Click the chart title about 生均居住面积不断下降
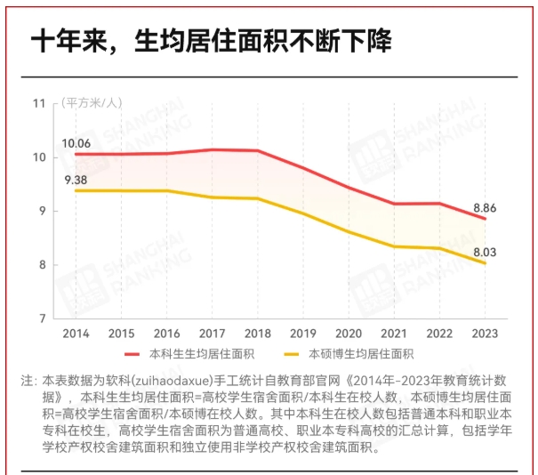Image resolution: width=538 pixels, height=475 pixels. pyautogui.click(x=211, y=42)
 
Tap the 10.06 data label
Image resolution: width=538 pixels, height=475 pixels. pyautogui.click(x=76, y=143)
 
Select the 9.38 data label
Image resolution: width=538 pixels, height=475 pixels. pyautogui.click(x=76, y=181)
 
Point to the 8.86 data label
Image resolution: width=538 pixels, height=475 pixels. pyautogui.click(x=485, y=207)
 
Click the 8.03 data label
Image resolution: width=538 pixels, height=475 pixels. pyautogui.click(x=485, y=252)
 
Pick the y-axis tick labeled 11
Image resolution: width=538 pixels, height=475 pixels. pyautogui.click(x=38, y=103)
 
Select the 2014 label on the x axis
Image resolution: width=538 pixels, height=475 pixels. pyautogui.click(x=76, y=333)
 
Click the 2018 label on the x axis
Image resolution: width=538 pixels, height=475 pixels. pyautogui.click(x=258, y=333)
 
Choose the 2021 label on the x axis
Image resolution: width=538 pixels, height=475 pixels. pyautogui.click(x=394, y=333)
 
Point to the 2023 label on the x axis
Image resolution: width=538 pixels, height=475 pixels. pyautogui.click(x=485, y=333)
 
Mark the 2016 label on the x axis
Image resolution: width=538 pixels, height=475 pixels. pyautogui.click(x=166, y=333)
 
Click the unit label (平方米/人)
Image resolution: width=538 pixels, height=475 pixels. pyautogui.click(x=91, y=103)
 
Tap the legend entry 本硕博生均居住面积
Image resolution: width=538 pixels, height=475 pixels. pyautogui.click(x=361, y=354)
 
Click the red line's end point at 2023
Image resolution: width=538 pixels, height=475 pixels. pyautogui.click(x=485, y=219)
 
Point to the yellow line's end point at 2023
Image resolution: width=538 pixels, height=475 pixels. pyautogui.click(x=485, y=263)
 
